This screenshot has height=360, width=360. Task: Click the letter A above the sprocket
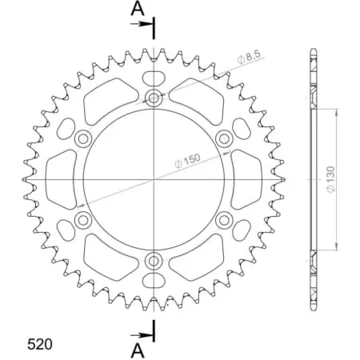[x=138, y=10]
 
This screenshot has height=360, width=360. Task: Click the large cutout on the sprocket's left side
[x=60, y=179]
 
